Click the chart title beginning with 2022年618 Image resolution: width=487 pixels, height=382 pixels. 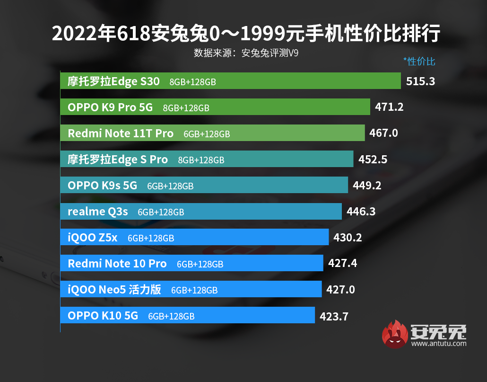click(x=246, y=34)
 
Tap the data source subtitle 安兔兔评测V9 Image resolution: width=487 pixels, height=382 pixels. click(x=246, y=53)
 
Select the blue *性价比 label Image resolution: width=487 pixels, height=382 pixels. click(x=419, y=62)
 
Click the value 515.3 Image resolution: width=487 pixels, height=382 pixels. click(x=420, y=81)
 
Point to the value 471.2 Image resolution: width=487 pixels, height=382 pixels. click(x=389, y=107)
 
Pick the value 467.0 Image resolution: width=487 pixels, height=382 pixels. click(x=383, y=133)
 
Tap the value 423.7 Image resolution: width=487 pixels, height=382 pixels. click(x=334, y=316)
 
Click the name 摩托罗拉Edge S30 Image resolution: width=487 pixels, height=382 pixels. click(x=113, y=81)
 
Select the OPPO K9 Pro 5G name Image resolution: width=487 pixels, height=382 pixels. click(x=110, y=107)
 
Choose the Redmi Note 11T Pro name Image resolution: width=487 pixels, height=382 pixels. click(x=121, y=133)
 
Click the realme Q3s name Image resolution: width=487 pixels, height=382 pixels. click(x=98, y=212)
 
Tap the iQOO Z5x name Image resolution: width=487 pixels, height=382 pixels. click(x=93, y=238)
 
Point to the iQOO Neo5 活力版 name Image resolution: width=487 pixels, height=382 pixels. click(x=114, y=290)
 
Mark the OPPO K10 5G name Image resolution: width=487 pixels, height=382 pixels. click(x=103, y=316)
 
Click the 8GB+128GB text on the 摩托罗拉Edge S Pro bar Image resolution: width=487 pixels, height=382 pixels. click(x=201, y=160)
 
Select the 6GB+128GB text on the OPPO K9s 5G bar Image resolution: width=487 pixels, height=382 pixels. click(x=170, y=187)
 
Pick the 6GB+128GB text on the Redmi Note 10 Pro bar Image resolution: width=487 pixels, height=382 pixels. click(x=200, y=265)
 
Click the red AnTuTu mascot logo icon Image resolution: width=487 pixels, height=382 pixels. click(x=395, y=334)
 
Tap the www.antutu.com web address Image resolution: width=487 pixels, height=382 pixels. click(x=438, y=344)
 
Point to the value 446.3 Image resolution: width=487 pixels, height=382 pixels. click(x=361, y=212)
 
